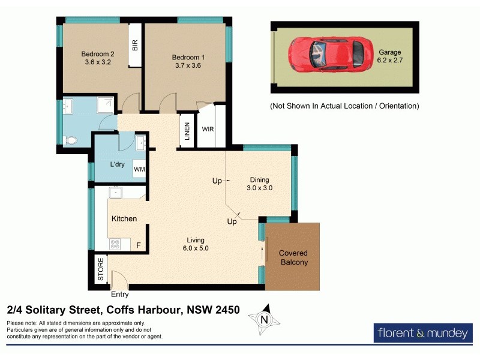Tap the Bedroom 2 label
98,54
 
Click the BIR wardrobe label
135,45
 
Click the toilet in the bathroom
70,140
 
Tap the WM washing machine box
140,170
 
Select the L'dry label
117,164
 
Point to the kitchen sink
115,193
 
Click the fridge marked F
139,245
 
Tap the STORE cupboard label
101,269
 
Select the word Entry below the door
120,295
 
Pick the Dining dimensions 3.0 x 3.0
259,188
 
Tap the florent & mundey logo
422,332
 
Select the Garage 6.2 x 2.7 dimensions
389,61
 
